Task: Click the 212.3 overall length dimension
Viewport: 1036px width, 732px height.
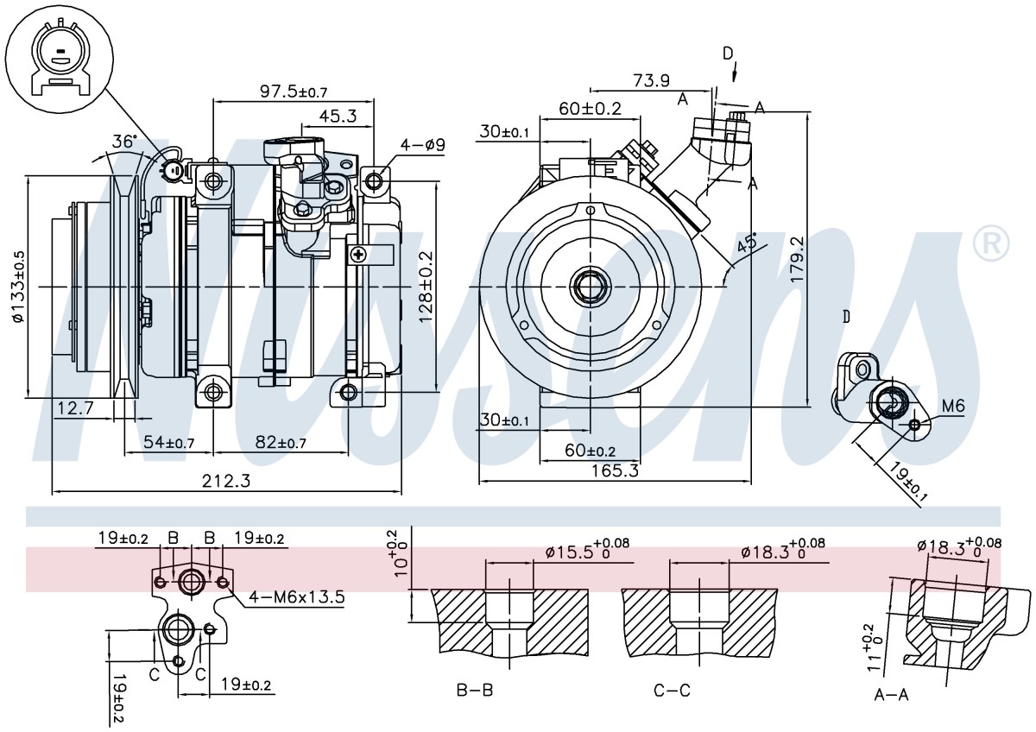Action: [x=225, y=481]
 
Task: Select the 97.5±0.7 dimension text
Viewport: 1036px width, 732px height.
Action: [x=294, y=91]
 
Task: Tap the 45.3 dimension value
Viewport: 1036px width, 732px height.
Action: [x=338, y=116]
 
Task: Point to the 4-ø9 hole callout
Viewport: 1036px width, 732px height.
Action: [x=422, y=145]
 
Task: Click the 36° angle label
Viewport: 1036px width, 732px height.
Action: [x=125, y=142]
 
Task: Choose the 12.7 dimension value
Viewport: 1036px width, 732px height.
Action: [x=75, y=407]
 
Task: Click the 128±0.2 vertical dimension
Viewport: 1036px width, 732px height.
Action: [x=425, y=287]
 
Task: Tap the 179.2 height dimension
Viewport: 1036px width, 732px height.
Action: [x=796, y=259]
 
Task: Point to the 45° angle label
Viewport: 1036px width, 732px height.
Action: [x=747, y=243]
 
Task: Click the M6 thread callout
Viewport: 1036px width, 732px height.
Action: [x=953, y=406]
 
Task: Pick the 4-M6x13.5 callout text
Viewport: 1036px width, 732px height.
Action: [x=296, y=597]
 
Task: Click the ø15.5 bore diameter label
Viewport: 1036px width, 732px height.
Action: [x=587, y=550]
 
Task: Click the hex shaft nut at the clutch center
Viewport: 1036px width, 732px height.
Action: [x=591, y=287]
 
